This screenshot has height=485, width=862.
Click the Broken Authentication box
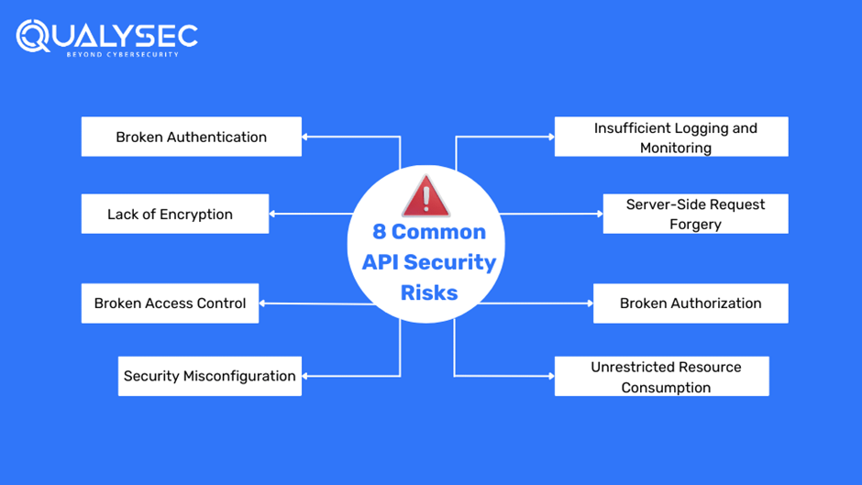click(191, 137)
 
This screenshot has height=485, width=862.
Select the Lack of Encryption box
click(174, 214)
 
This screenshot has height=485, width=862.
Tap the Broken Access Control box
click(170, 303)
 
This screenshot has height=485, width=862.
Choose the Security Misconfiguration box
click(209, 376)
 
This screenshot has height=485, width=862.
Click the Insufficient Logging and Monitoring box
click(671, 137)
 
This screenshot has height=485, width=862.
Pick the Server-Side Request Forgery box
click(695, 214)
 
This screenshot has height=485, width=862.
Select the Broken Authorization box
click(691, 303)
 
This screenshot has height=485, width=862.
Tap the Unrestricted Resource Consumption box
click(661, 376)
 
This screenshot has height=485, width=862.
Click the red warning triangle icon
click(425, 196)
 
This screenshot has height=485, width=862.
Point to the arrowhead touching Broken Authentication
click(305, 137)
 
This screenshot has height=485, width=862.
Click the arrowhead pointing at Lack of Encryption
click(272, 214)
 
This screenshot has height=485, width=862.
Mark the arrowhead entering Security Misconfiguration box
click(305, 376)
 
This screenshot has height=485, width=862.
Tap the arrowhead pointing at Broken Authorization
click(590, 303)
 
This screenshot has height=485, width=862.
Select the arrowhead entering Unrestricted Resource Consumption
click(551, 376)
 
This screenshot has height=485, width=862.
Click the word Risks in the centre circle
click(429, 293)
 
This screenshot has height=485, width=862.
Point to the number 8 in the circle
click(379, 233)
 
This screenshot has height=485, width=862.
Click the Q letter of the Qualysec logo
click(33, 36)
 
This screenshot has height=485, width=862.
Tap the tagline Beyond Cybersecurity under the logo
click(122, 55)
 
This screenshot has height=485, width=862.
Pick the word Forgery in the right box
click(695, 225)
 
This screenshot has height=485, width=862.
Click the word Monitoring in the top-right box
click(676, 148)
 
